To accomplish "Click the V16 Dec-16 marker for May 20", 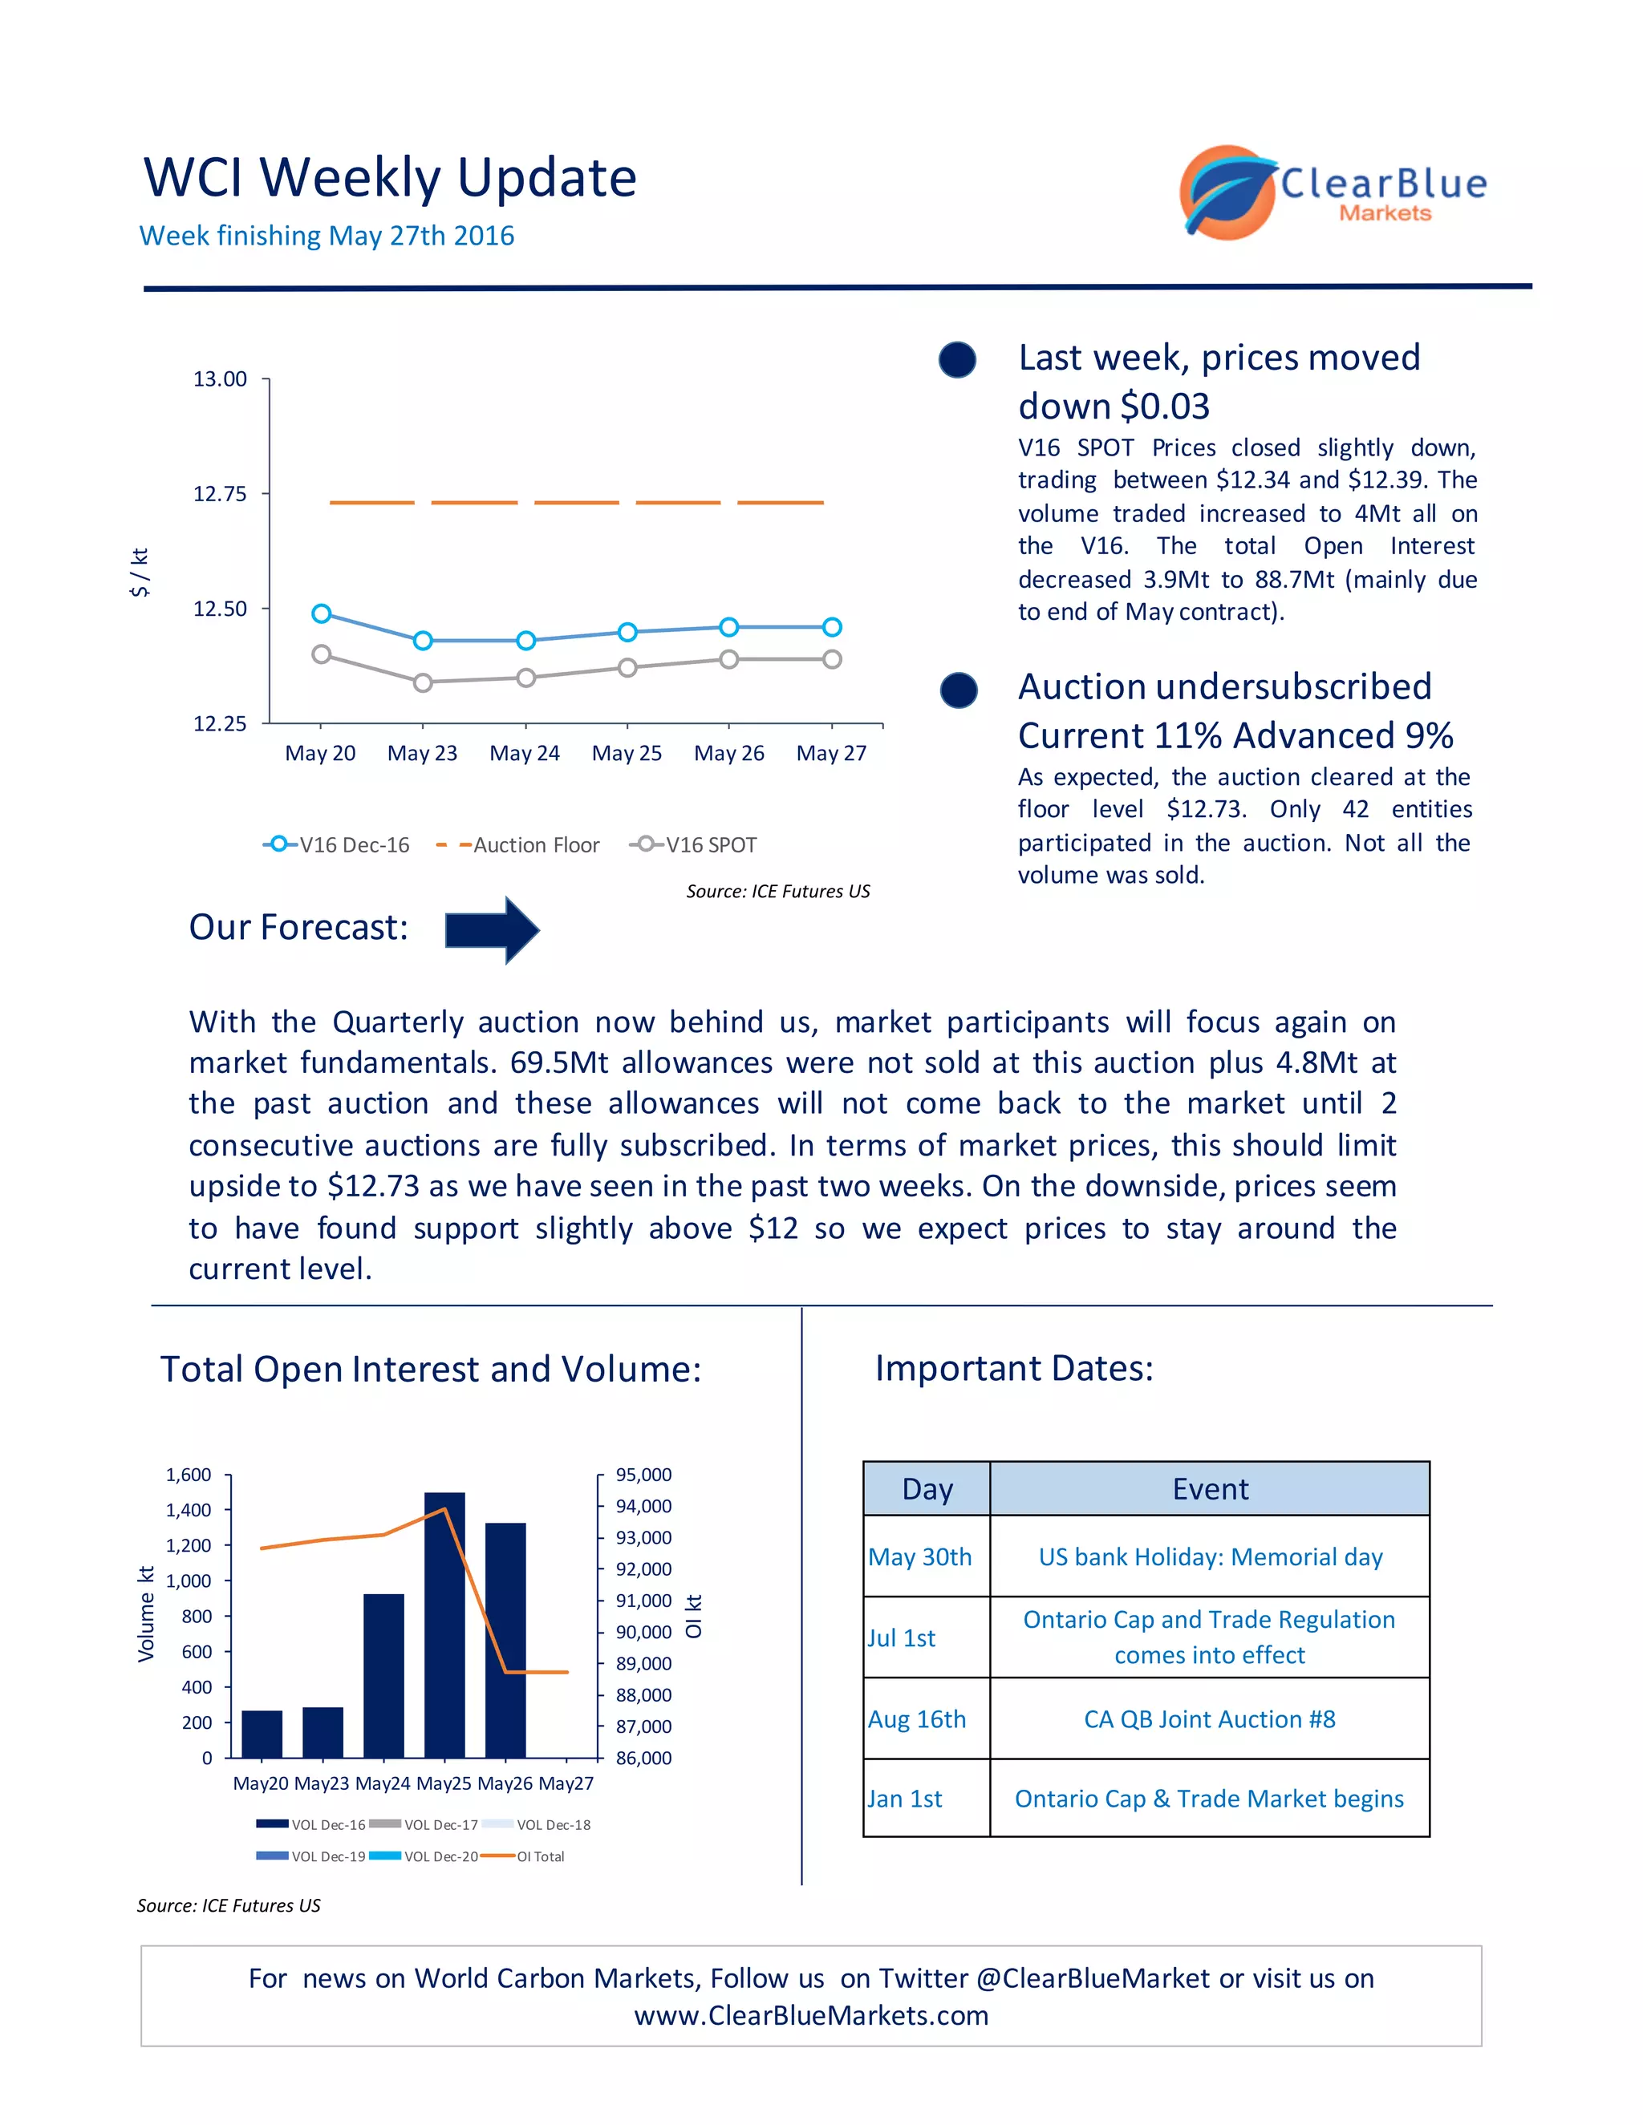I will coord(321,613).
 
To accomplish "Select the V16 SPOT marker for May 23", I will coord(423,682).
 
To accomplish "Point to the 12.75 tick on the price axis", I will coord(220,493).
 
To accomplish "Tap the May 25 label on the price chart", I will coord(626,753).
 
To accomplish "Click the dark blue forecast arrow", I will coord(492,930).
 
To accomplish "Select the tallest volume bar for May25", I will coord(444,1624).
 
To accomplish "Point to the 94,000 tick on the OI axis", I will coord(643,1506).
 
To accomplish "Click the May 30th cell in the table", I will coord(920,1556).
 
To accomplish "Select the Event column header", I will coord(1209,1488).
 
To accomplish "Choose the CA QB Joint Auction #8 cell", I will coord(1209,1719).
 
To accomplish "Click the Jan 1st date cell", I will coord(905,1799).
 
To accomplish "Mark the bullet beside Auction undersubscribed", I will coord(959,690).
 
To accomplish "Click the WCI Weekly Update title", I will coord(389,178).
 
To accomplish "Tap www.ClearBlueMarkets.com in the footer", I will coord(811,2015).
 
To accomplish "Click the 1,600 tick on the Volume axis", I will coord(188,1475).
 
